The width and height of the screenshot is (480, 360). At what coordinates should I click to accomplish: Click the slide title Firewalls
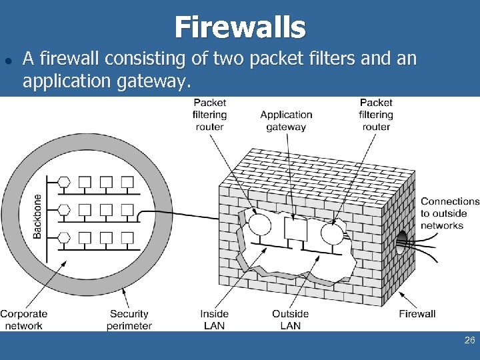pyautogui.click(x=240, y=27)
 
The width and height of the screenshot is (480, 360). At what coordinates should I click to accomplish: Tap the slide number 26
pyautogui.click(x=469, y=341)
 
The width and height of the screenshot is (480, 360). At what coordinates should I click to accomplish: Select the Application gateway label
pyautogui.click(x=286, y=121)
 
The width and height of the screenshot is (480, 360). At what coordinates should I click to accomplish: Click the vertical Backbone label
pyautogui.click(x=37, y=216)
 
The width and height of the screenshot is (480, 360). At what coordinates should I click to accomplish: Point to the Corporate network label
pyautogui.click(x=23, y=319)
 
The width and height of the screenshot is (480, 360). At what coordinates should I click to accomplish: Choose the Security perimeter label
pyautogui.click(x=129, y=319)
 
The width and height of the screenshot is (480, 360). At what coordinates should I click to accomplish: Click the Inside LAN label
pyautogui.click(x=214, y=319)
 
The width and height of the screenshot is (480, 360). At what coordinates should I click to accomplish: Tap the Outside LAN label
pyautogui.click(x=290, y=319)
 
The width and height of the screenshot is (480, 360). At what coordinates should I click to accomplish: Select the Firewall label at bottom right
pyautogui.click(x=417, y=313)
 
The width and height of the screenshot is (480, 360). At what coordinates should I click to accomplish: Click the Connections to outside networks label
pyautogui.click(x=450, y=213)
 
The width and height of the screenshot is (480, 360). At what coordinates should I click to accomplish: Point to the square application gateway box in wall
pyautogui.click(x=294, y=229)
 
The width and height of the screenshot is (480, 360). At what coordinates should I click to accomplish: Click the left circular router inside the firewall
pyautogui.click(x=260, y=223)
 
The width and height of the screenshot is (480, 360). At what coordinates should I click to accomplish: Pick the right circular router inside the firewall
pyautogui.click(x=331, y=234)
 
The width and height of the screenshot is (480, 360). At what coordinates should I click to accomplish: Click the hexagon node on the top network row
pyautogui.click(x=64, y=182)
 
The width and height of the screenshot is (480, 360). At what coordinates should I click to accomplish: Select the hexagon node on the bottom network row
pyautogui.click(x=64, y=238)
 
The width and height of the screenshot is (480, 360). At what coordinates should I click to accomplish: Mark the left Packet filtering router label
pyautogui.click(x=209, y=114)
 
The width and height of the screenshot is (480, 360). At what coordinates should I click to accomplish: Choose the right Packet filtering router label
pyautogui.click(x=376, y=114)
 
